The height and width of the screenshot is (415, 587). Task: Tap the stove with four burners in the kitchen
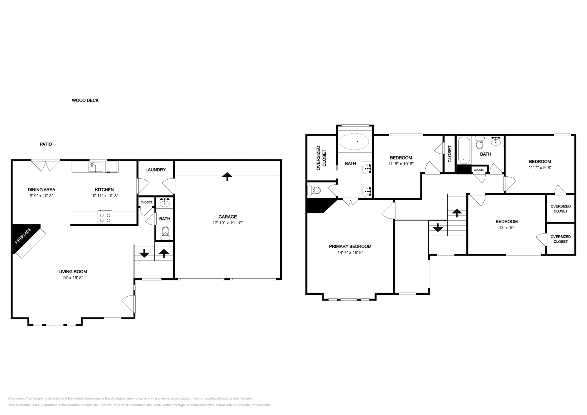[105, 217]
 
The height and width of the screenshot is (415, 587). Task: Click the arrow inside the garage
[227, 176]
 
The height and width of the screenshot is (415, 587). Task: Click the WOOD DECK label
[85, 100]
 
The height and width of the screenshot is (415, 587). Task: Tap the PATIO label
[46, 144]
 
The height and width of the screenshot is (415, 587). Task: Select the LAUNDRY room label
[155, 170]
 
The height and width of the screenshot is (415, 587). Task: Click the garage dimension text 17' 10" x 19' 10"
[228, 223]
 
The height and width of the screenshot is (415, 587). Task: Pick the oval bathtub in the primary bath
[355, 141]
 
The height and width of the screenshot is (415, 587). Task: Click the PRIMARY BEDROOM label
[350, 246]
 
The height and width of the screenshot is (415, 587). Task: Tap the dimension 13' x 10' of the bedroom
[506, 227]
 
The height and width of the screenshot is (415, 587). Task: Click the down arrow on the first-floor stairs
[144, 253]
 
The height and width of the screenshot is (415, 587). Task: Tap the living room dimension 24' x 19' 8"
[73, 278]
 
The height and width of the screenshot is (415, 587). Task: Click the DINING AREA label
[41, 190]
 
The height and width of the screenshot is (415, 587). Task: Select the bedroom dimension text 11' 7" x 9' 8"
[540, 167]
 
